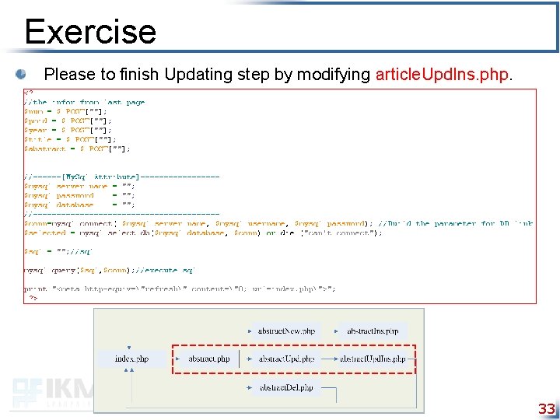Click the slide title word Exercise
tap(90, 32)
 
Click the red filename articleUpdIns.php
tap(443, 75)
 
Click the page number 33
tap(547, 409)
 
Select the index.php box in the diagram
tap(131, 359)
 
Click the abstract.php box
tap(209, 359)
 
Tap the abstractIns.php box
tap(373, 331)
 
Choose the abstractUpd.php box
tap(287, 359)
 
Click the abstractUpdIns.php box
tap(373, 359)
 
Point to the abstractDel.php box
tap(287, 387)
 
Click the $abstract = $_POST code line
tap(77, 149)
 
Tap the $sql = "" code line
tap(58, 251)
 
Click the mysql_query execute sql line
tap(109, 270)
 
